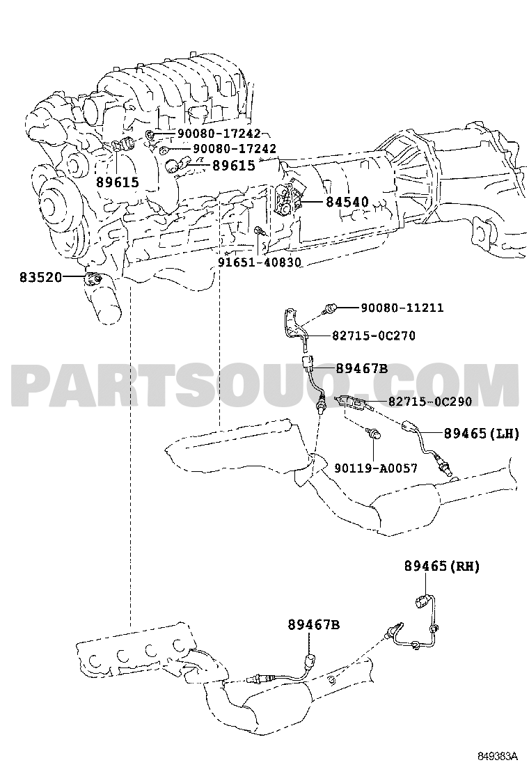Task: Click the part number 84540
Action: [x=347, y=202]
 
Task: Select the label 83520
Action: [x=41, y=278]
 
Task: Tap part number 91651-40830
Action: [x=260, y=262]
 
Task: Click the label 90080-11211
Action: [x=402, y=308]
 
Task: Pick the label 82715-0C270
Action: [x=374, y=335]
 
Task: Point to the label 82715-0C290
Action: [x=430, y=402]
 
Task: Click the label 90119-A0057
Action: [x=376, y=468]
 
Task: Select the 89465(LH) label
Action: [x=482, y=434]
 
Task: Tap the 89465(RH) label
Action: [x=442, y=566]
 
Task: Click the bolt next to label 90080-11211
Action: [x=329, y=308]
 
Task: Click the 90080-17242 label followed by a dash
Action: [x=219, y=133]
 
